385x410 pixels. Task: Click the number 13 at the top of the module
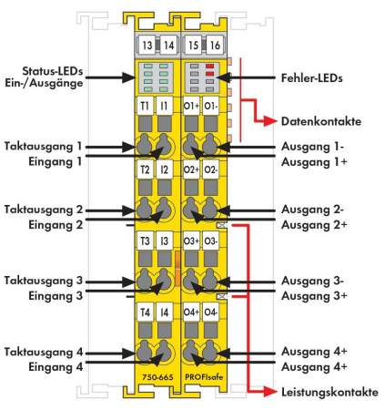click(x=147, y=44)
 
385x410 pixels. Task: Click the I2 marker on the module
click(x=164, y=170)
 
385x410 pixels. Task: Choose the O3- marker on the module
click(x=209, y=241)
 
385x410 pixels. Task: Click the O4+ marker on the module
click(x=191, y=313)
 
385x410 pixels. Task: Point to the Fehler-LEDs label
click(x=312, y=78)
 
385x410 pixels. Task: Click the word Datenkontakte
click(x=321, y=120)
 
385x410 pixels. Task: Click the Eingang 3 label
click(x=55, y=295)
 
